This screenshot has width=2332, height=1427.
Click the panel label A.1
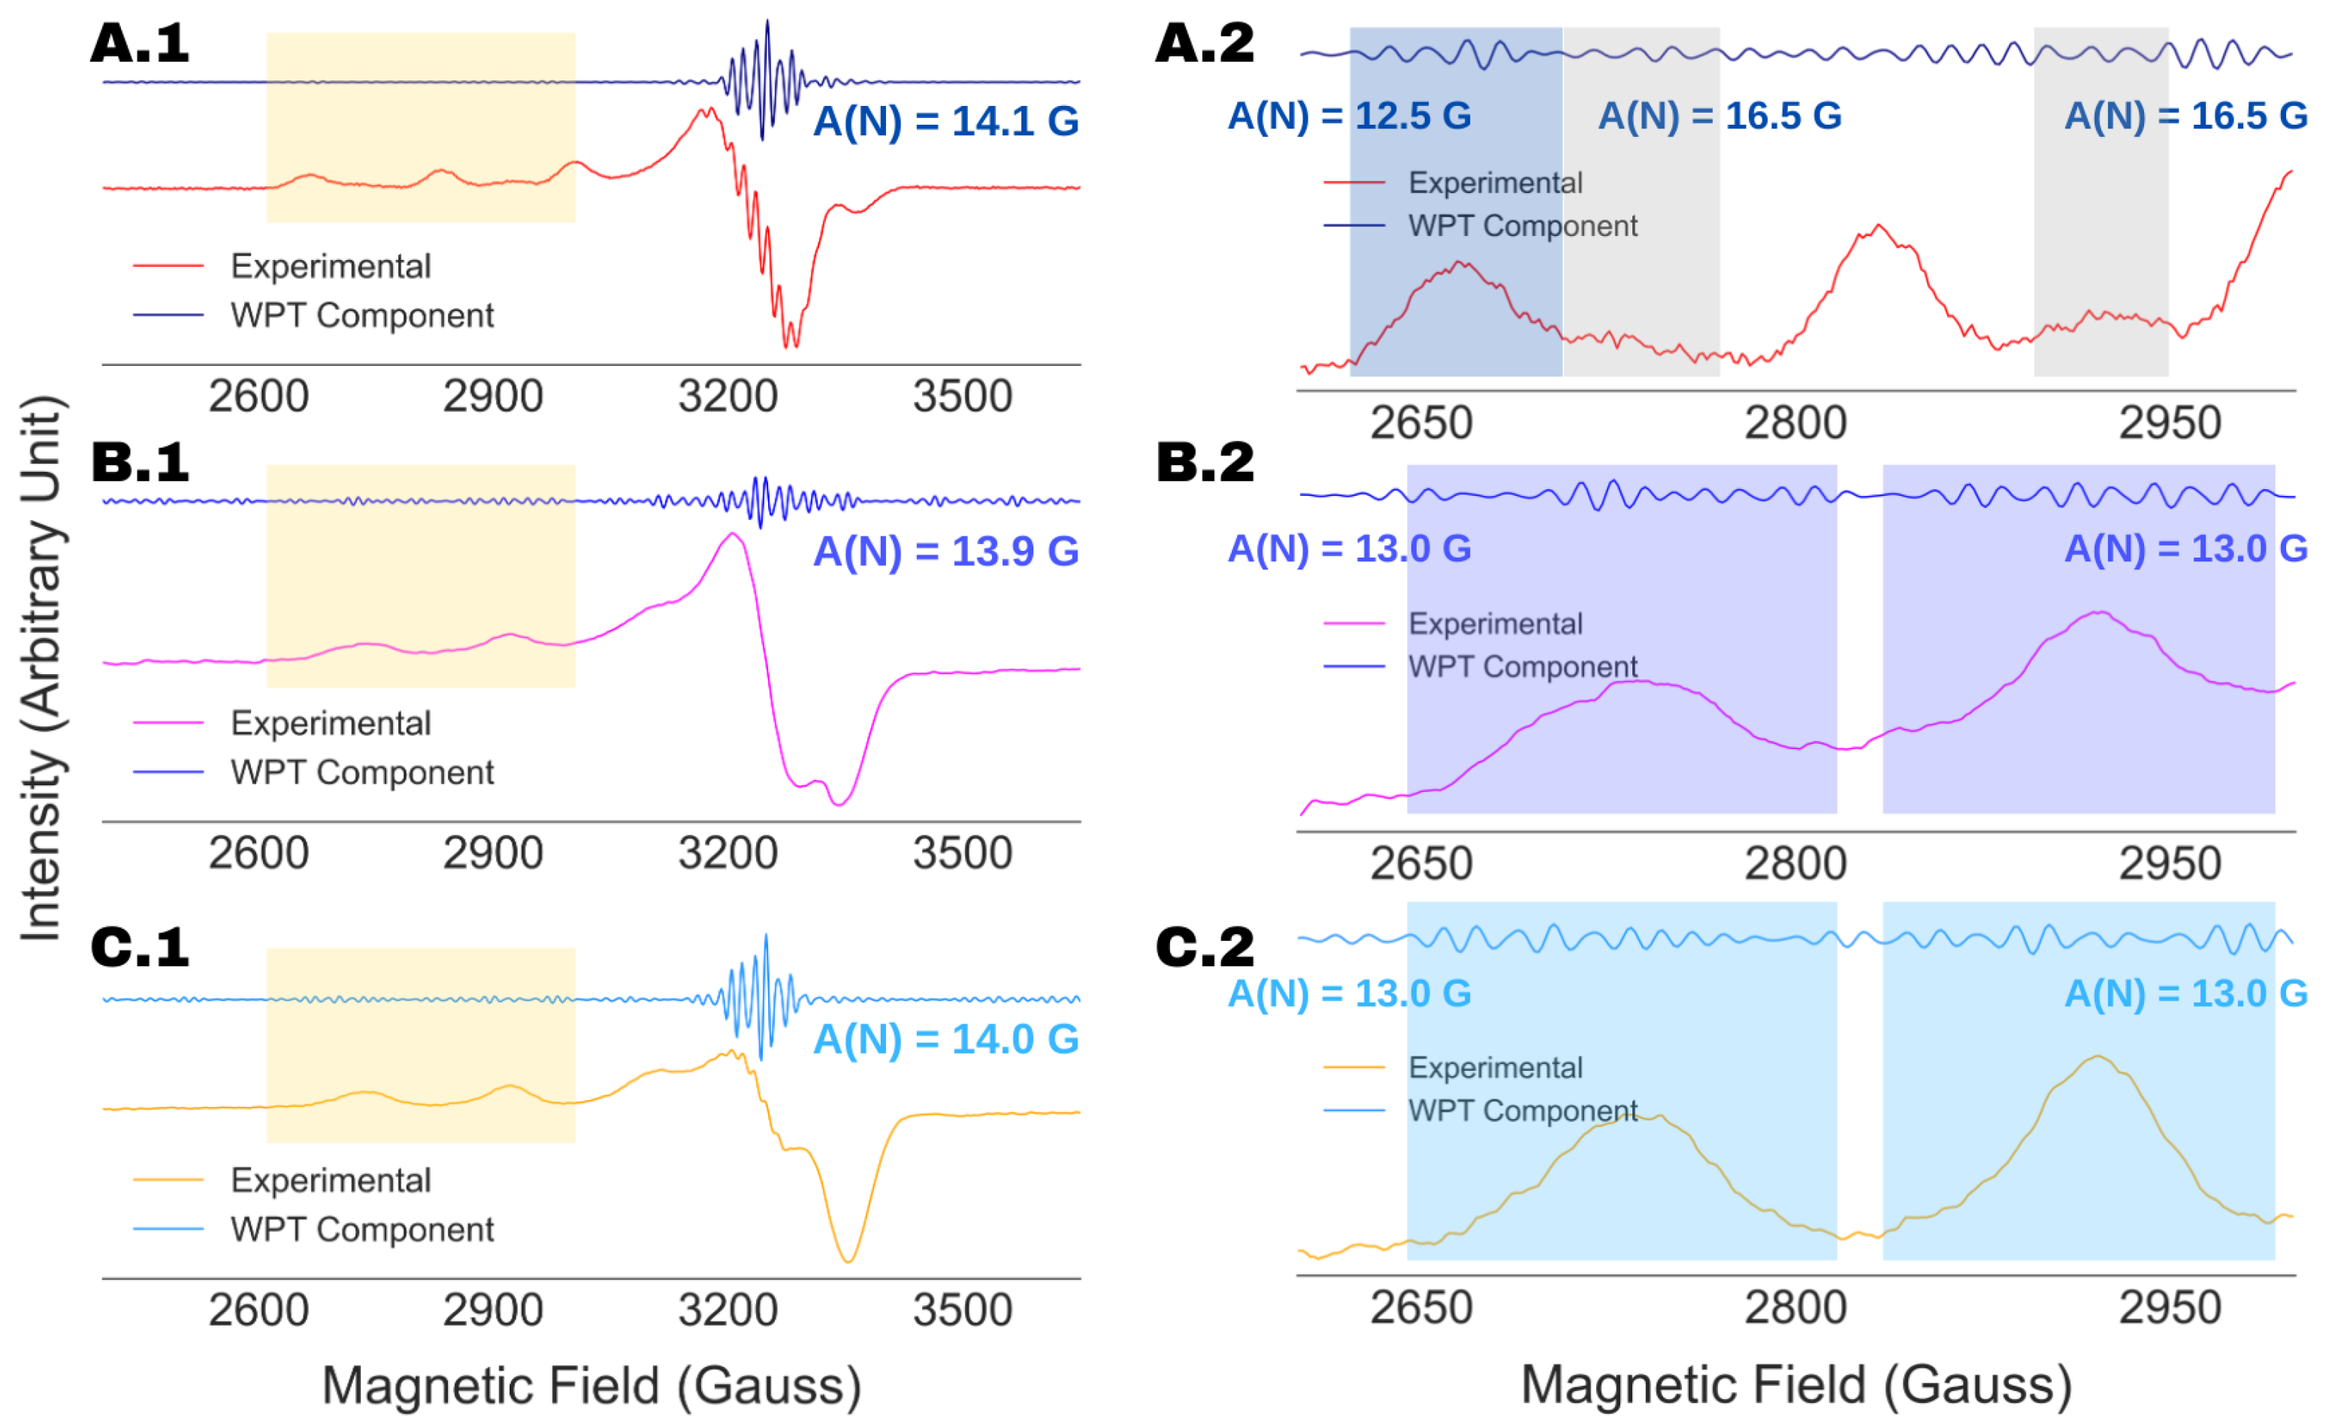[139, 44]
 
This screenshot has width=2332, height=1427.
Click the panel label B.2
[1205, 463]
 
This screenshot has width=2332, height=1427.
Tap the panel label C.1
[139, 948]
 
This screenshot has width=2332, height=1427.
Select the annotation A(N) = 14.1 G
[945, 121]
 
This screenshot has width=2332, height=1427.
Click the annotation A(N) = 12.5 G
[1349, 116]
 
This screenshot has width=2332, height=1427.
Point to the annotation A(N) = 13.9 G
[945, 552]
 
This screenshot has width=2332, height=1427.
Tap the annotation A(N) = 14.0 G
[945, 1040]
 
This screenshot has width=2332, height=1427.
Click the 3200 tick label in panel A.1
[727, 397]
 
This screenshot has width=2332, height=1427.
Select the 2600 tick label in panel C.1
[259, 1311]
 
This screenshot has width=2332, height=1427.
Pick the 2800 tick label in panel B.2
[1795, 864]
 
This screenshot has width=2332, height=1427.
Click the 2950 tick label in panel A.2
[2169, 423]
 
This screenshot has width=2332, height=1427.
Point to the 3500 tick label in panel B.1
[963, 854]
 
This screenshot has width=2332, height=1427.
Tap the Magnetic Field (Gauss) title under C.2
[1795, 1386]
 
